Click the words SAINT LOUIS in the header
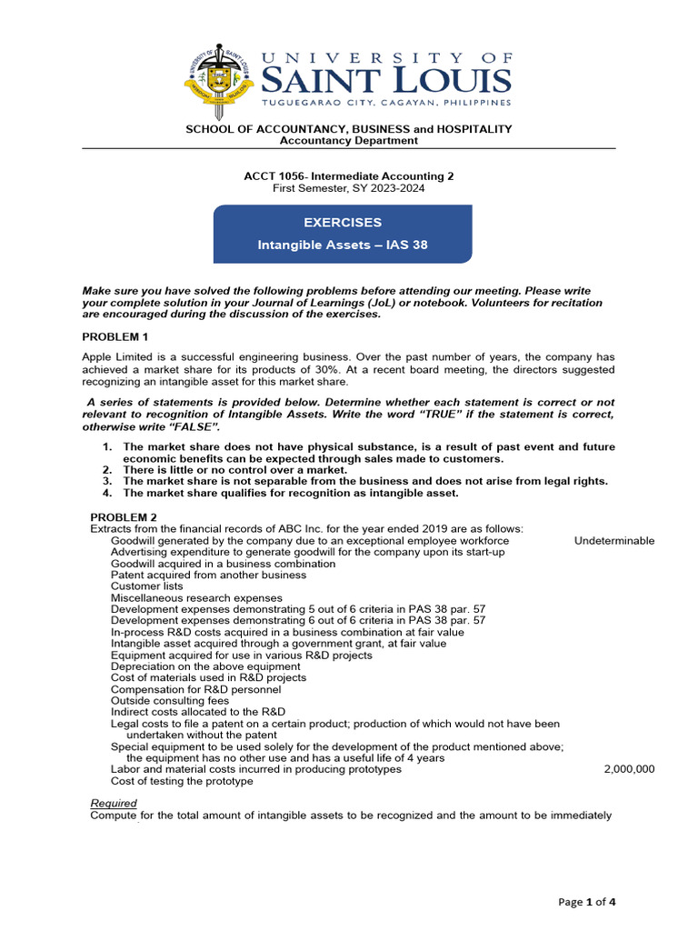click(x=386, y=81)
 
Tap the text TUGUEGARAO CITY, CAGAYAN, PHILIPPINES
click(x=386, y=104)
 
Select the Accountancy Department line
click(x=348, y=141)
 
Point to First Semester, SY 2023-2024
click(x=348, y=188)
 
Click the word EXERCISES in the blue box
click(x=343, y=223)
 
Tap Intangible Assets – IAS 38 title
click(x=343, y=245)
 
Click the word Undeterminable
click(x=613, y=541)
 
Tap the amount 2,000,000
click(x=629, y=769)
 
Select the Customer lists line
click(x=146, y=586)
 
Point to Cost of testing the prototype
click(x=182, y=781)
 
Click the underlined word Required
click(x=114, y=804)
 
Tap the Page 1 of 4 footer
click(x=588, y=902)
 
